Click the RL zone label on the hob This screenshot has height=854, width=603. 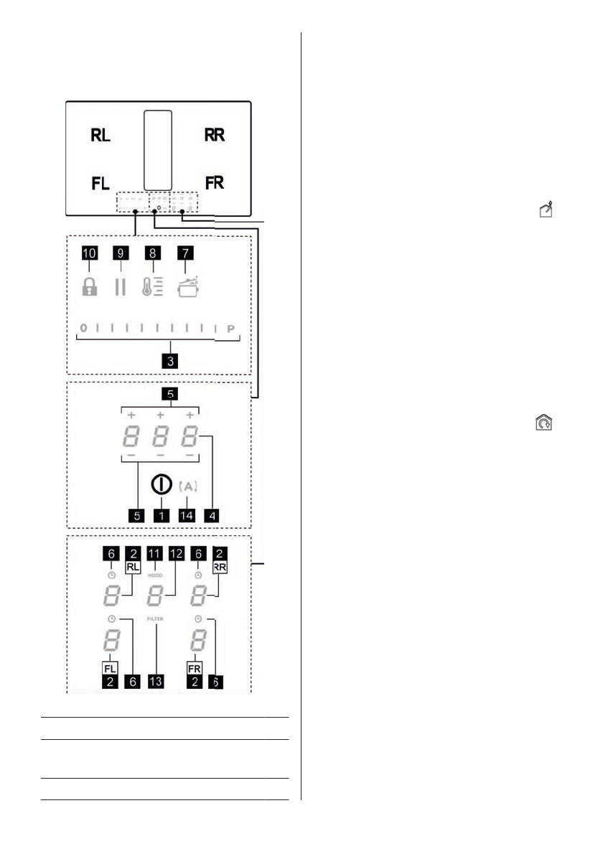100,136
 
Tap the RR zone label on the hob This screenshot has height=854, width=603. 214,136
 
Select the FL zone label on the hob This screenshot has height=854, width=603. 100,183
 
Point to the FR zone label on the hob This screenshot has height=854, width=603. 214,183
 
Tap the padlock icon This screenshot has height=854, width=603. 88,287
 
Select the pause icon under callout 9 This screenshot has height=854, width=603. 120,287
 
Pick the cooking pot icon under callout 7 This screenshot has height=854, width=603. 187,286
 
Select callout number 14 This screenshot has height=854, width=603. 186,515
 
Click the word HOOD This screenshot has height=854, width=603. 156,575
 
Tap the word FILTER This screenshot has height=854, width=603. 156,617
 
